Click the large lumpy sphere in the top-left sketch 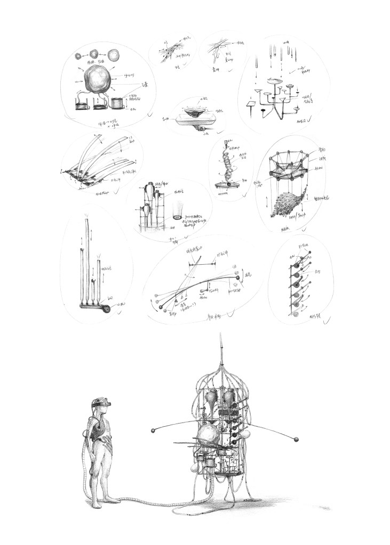(99, 80)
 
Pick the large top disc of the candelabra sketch (276, 81)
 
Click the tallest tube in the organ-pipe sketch (84, 261)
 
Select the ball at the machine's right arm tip (295, 438)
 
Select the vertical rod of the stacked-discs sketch (291, 282)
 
